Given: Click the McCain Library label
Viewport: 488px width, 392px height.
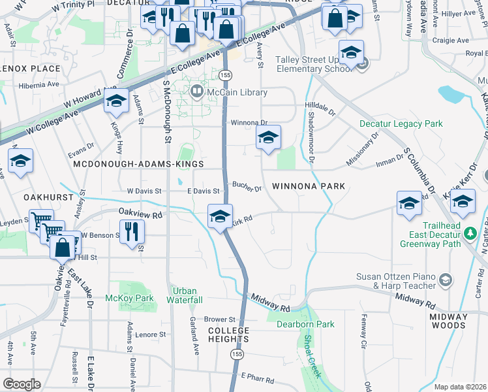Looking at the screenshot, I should coord(236,92).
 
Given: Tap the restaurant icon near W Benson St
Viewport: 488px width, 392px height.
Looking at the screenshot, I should coord(132,231).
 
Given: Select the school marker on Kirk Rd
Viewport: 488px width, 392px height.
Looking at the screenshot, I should coord(220,215).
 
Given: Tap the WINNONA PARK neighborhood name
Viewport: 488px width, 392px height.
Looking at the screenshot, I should coord(308,186).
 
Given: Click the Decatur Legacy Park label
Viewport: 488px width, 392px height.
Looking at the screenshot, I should coord(401,123).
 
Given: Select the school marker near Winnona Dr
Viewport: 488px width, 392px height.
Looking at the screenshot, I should coord(267,137).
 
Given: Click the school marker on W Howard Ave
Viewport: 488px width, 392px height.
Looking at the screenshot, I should coord(116,101).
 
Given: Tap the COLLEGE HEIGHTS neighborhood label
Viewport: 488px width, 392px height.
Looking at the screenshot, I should coord(228,335).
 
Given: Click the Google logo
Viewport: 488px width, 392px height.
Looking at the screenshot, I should coord(22,384).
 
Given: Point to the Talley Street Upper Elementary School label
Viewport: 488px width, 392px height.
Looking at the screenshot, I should coord(313,63).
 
